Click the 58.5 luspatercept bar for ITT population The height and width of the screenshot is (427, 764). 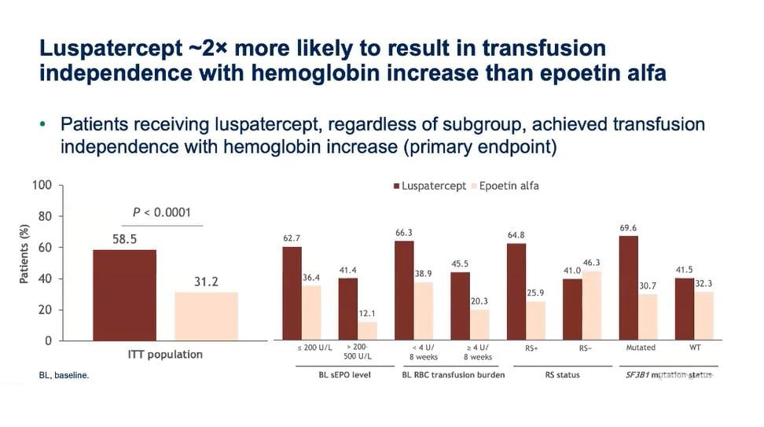point(123,295)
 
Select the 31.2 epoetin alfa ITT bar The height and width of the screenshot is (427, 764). point(206,316)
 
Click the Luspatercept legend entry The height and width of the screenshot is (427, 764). point(429,186)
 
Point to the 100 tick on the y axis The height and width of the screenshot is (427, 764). point(42,186)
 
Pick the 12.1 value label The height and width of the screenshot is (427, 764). point(367,315)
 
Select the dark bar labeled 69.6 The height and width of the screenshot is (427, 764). point(628,288)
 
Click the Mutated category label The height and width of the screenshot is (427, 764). point(640,348)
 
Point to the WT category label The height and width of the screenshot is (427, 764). point(695,348)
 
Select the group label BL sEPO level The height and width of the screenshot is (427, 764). point(340,375)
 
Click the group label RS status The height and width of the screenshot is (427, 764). point(562,375)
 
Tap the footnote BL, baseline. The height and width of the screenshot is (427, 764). point(64,376)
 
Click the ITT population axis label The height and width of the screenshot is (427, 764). point(165,355)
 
